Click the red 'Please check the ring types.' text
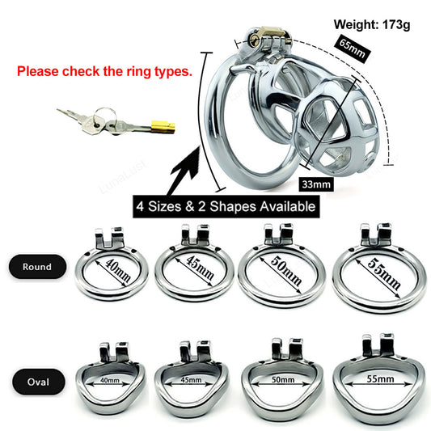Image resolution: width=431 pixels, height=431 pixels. pyautogui.click(x=104, y=70)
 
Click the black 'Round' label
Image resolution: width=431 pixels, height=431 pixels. pyautogui.click(x=36, y=267)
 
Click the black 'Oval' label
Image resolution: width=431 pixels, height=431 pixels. pyautogui.click(x=36, y=378)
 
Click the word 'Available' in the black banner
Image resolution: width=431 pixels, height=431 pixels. pyautogui.click(x=282, y=206)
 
